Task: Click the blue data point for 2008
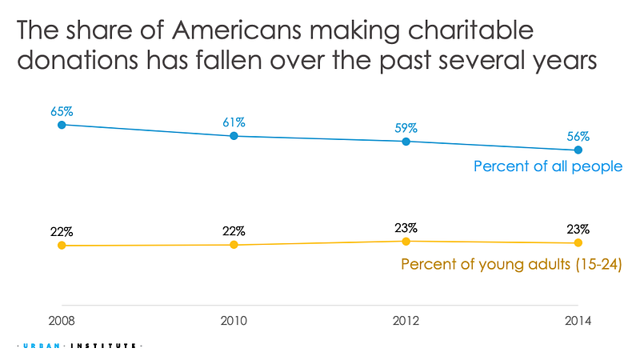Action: coord(62,125)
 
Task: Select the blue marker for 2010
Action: coord(234,135)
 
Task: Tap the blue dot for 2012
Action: coord(406,142)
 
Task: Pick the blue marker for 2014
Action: coord(578,150)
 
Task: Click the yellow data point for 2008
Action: coord(62,246)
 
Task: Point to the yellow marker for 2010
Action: coord(234,245)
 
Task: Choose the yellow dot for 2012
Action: coord(406,242)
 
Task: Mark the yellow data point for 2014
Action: coord(578,243)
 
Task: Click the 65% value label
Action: coord(62,111)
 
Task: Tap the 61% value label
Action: coord(234,122)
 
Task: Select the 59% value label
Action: coord(406,128)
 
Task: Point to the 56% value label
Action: coord(578,136)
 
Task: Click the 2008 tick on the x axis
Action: coord(62,321)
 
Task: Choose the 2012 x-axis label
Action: coord(406,321)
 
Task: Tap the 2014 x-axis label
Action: coord(578,321)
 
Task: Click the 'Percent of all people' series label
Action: coord(548,166)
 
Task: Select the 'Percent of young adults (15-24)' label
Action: coord(511,265)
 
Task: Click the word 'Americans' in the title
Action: coord(237,30)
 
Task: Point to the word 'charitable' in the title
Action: coord(470,30)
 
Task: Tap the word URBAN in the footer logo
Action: coord(42,346)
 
